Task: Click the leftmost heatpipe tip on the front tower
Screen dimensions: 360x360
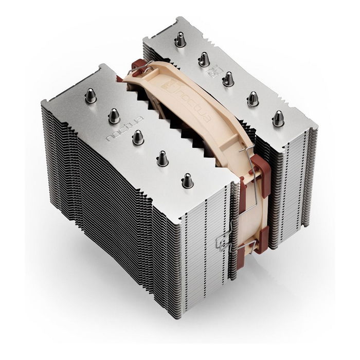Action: tap(91, 96)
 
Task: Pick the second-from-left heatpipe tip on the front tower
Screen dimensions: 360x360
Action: tap(114, 116)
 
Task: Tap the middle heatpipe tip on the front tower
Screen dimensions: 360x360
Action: tap(138, 137)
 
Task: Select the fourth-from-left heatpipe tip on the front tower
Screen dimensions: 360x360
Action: tap(162, 158)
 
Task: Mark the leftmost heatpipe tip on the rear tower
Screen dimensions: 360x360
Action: tap(180, 40)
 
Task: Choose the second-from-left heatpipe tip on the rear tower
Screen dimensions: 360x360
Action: tap(204, 60)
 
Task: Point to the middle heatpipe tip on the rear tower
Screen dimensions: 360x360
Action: tap(228, 79)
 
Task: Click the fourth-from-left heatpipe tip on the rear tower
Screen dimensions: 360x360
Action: tap(253, 99)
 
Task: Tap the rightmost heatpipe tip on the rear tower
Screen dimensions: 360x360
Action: tap(278, 119)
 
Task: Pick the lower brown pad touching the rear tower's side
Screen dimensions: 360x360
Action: tap(260, 242)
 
